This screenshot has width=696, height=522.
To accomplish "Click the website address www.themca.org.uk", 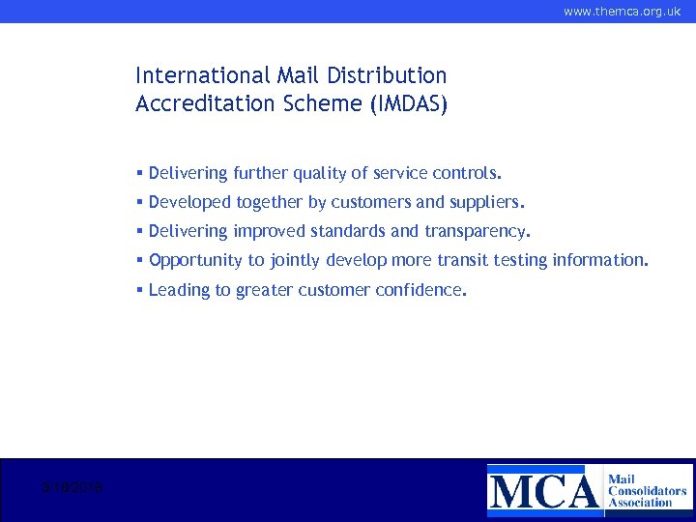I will point(622,12).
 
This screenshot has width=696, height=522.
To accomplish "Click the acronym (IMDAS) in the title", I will point(409,104).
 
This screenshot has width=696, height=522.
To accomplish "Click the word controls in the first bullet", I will point(469,174).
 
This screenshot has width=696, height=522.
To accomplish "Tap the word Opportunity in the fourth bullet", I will point(196,261).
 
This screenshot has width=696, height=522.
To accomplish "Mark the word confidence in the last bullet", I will point(420,290).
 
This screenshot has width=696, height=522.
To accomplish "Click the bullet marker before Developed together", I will point(140,203).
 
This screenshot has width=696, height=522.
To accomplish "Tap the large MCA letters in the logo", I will point(543,489).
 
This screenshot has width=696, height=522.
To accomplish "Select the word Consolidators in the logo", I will point(647,491).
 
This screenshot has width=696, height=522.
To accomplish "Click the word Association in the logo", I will point(640,503).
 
